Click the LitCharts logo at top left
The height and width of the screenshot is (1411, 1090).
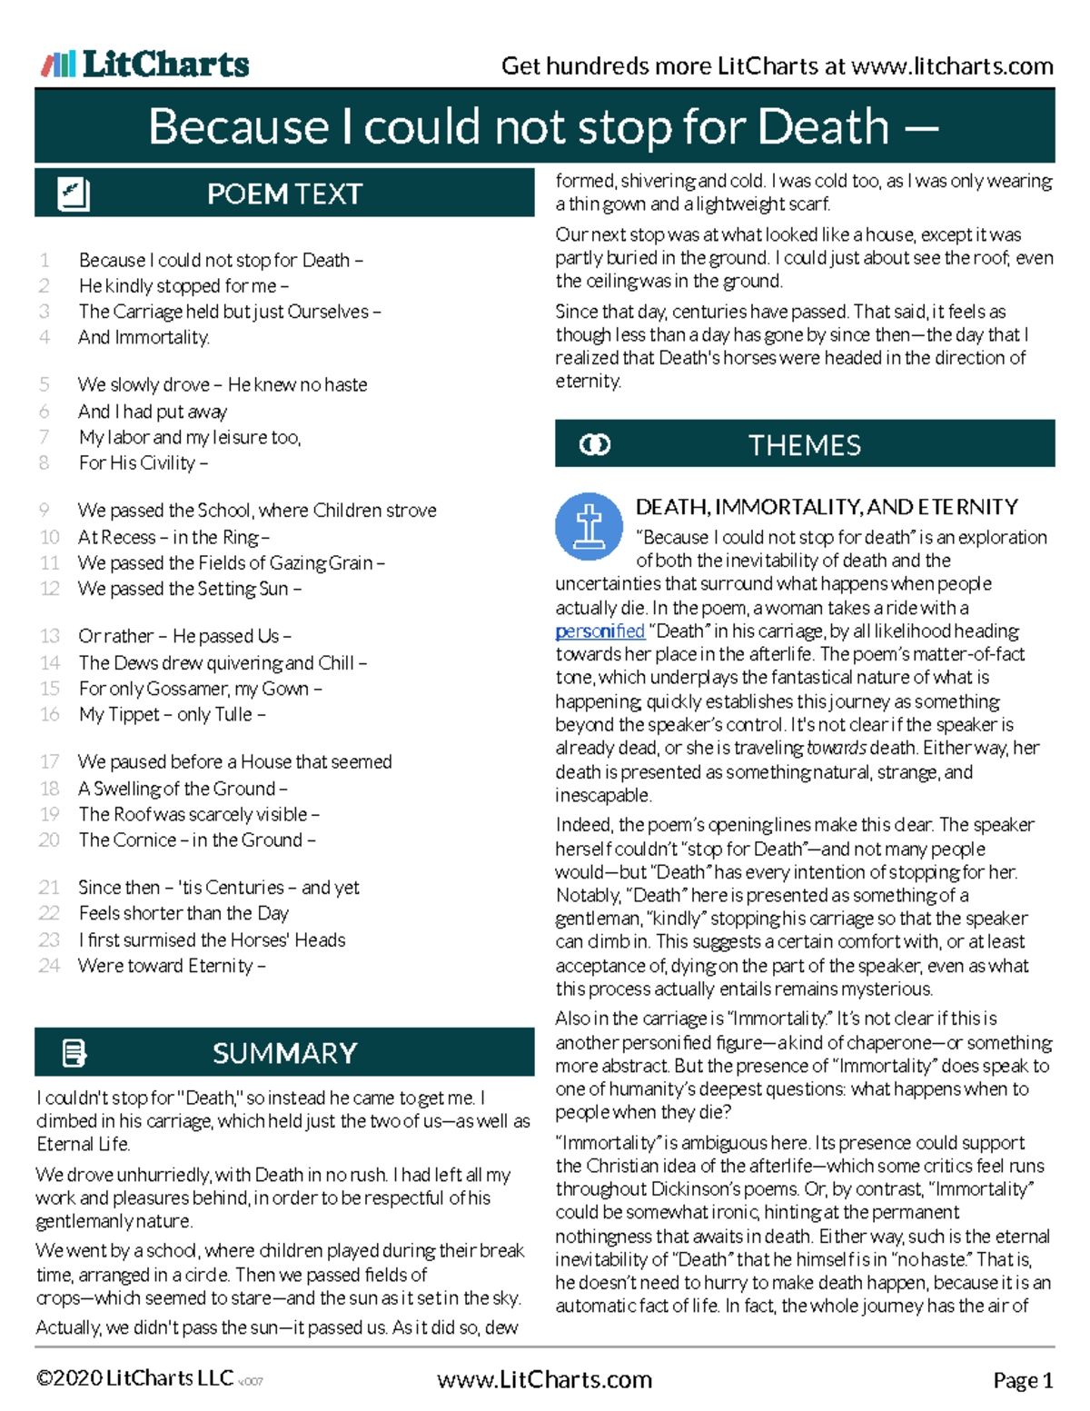pos(145,65)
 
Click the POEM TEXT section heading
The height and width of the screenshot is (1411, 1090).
pos(284,194)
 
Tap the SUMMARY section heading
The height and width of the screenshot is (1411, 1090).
pos(284,1053)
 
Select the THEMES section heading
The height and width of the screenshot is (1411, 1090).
pos(804,445)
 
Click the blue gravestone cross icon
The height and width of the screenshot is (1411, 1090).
pos(589,526)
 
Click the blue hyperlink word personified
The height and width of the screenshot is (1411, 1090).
pos(599,631)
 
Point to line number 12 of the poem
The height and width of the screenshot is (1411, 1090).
pos(50,589)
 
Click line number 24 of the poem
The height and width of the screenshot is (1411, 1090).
pos(50,966)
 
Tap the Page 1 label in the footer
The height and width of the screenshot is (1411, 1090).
pos(1023,1381)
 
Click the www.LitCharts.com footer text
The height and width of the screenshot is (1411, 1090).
pos(544,1380)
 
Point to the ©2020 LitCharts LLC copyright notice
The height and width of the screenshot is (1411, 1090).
pos(134,1378)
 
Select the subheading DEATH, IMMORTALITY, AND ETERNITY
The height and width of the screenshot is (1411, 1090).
pos(827,506)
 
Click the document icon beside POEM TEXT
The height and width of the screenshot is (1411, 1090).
pos(73,194)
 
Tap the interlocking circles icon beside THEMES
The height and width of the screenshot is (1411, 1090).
pos(595,445)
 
